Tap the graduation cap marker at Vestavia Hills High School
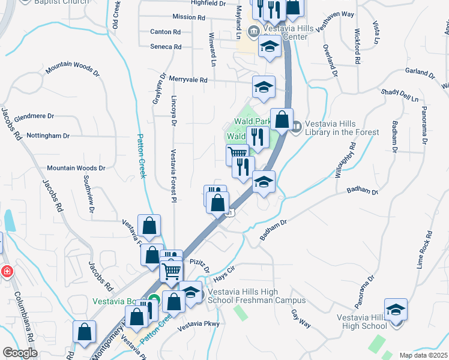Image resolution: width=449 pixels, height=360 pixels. (396, 310)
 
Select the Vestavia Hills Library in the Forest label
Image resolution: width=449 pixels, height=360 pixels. (342, 128)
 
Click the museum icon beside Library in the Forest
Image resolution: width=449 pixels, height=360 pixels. (297, 125)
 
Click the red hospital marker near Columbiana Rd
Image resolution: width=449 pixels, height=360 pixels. (5, 271)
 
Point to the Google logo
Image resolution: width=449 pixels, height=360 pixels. (20, 353)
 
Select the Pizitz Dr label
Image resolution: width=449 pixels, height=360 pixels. (199, 266)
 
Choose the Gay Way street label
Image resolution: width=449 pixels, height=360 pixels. (301, 319)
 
